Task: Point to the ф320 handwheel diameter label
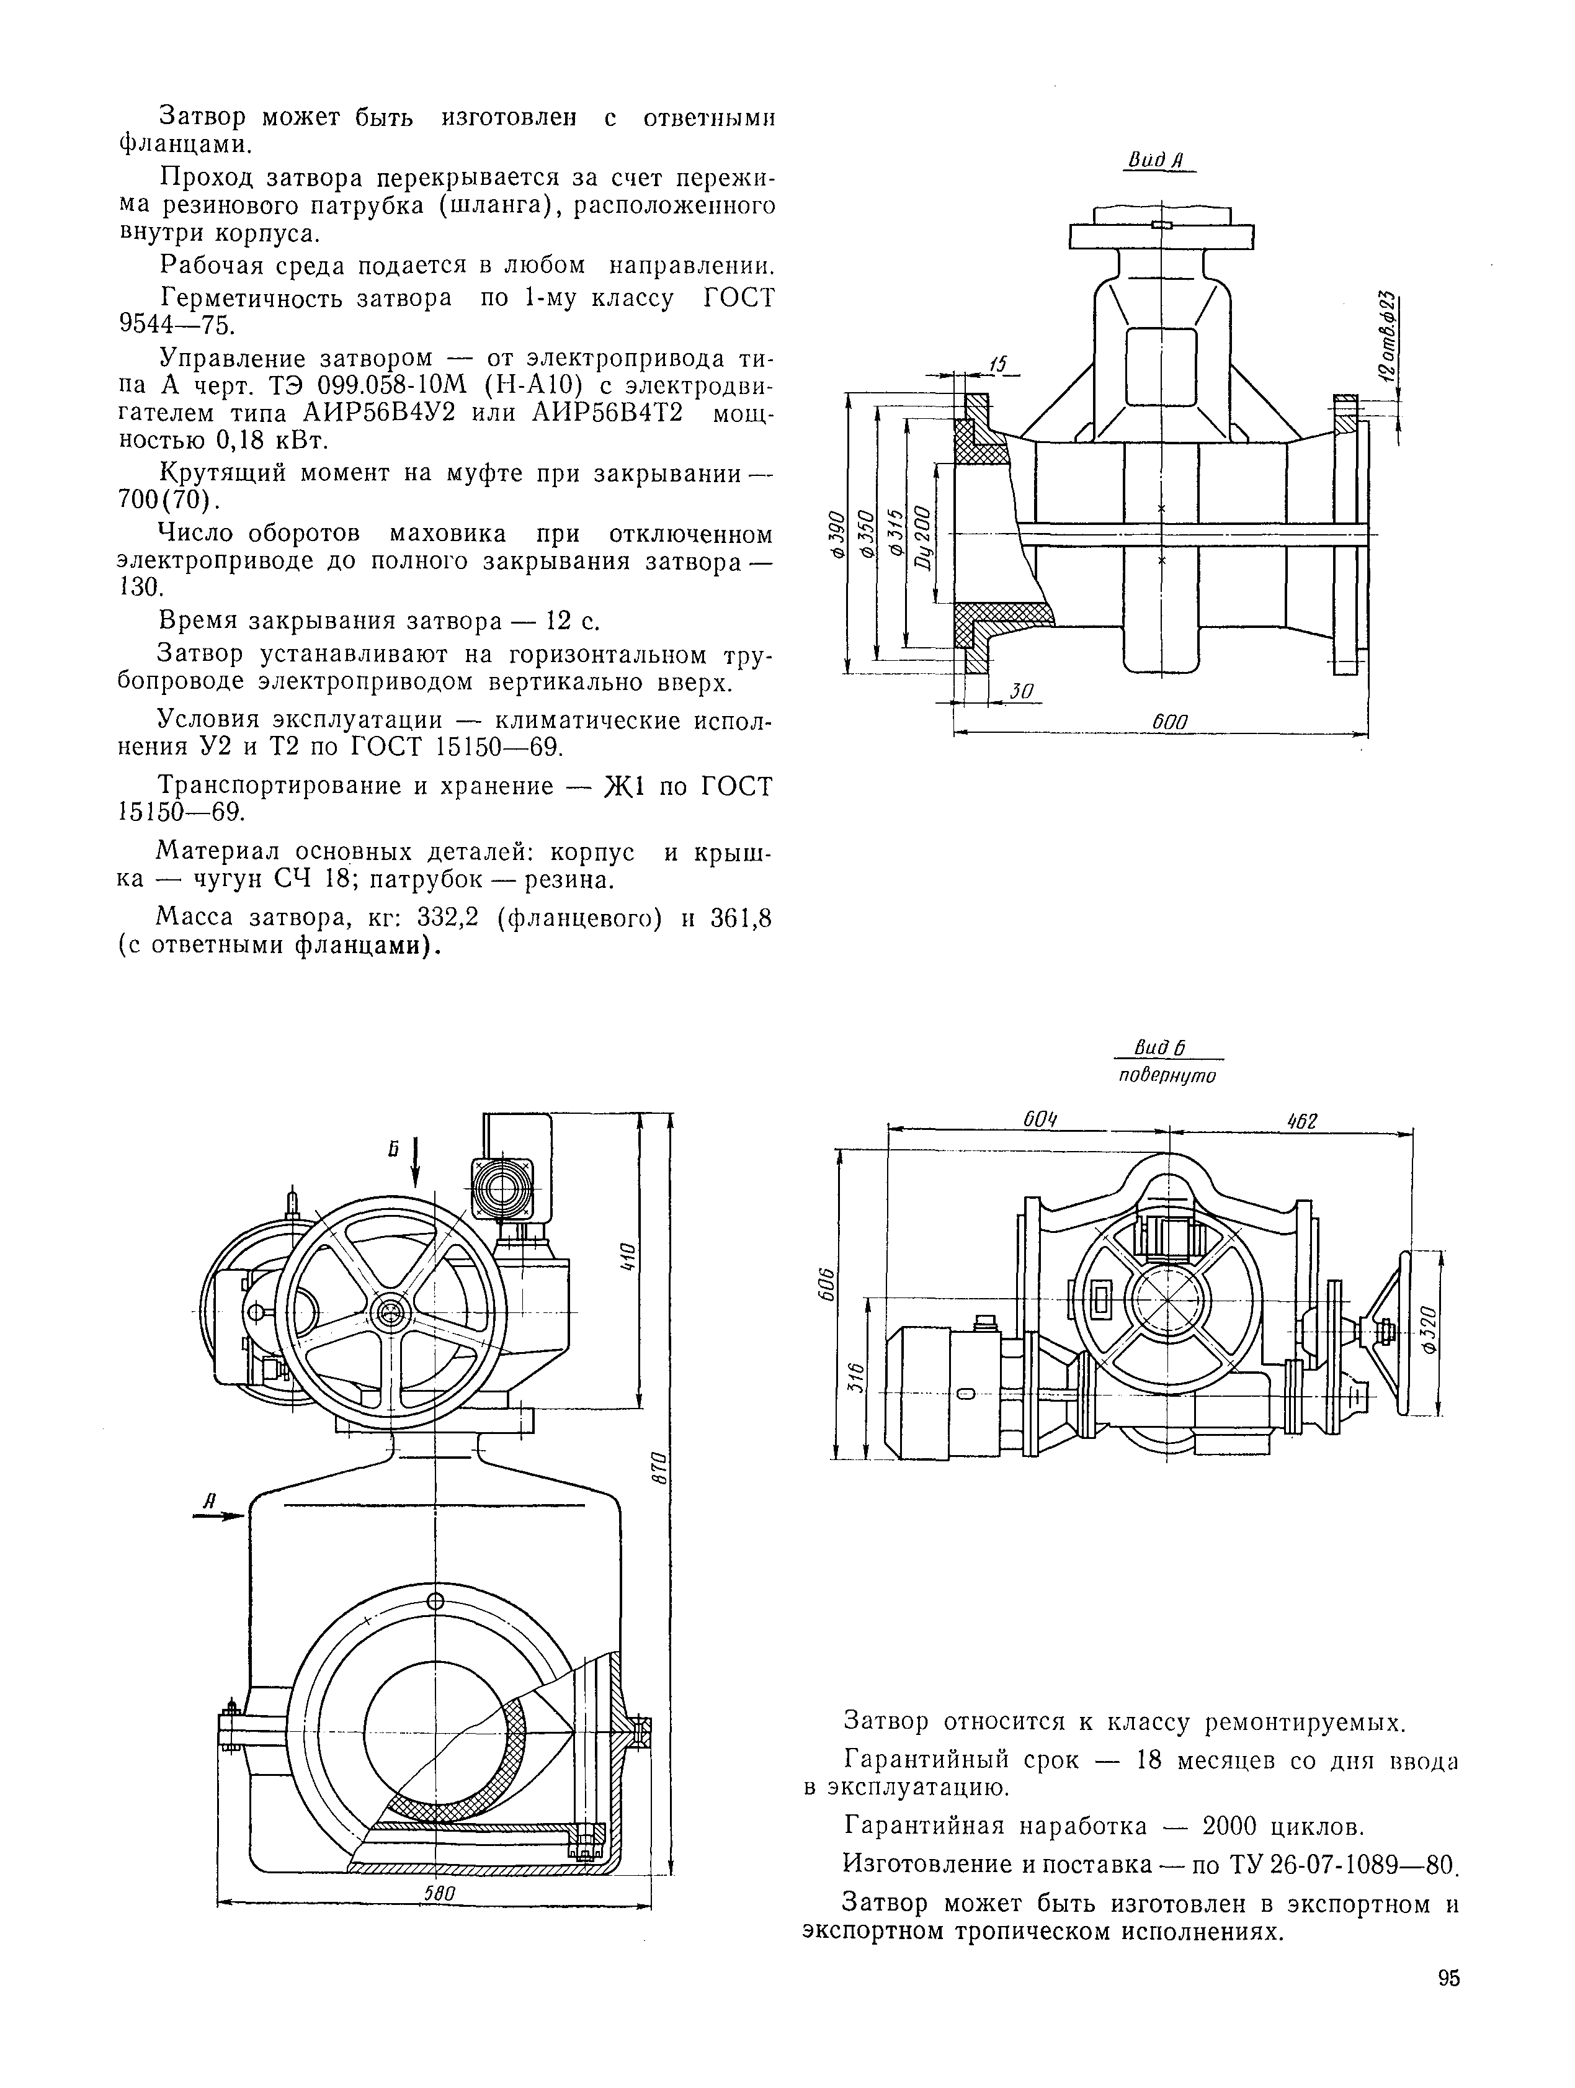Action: tap(1426, 1331)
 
